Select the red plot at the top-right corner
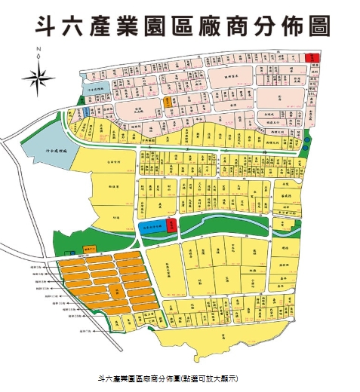[x=312, y=57]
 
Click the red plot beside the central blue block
[x=171, y=224]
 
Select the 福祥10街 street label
[x=43, y=282]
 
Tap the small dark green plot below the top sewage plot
[x=78, y=112]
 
